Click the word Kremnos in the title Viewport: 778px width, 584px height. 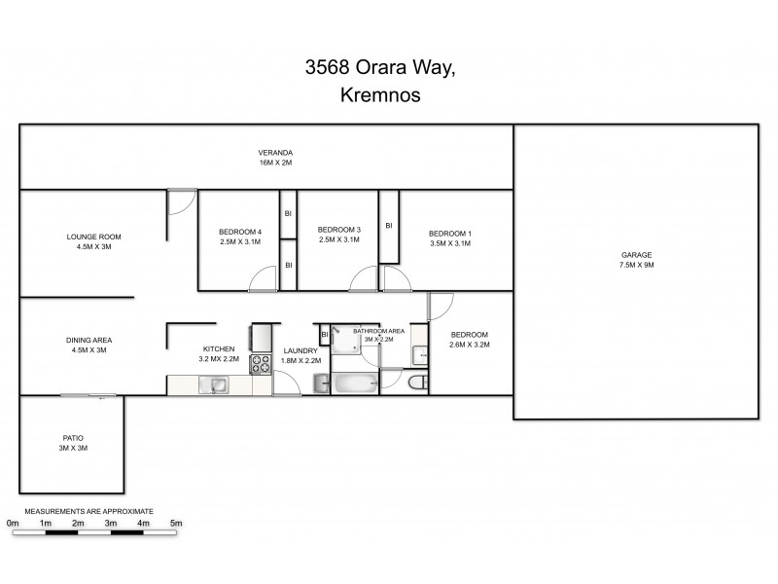(x=388, y=96)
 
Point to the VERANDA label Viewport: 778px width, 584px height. (x=275, y=152)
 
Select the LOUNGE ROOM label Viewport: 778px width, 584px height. (x=94, y=237)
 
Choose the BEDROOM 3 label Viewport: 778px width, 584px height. (x=339, y=230)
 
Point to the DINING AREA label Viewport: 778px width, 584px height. (x=89, y=340)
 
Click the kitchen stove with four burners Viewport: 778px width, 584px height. (x=262, y=364)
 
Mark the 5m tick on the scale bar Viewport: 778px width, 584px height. (x=176, y=532)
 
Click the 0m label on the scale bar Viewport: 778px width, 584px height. (x=13, y=523)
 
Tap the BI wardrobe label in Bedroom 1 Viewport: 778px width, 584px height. (x=389, y=225)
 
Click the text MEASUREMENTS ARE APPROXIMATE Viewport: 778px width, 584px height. (x=88, y=510)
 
